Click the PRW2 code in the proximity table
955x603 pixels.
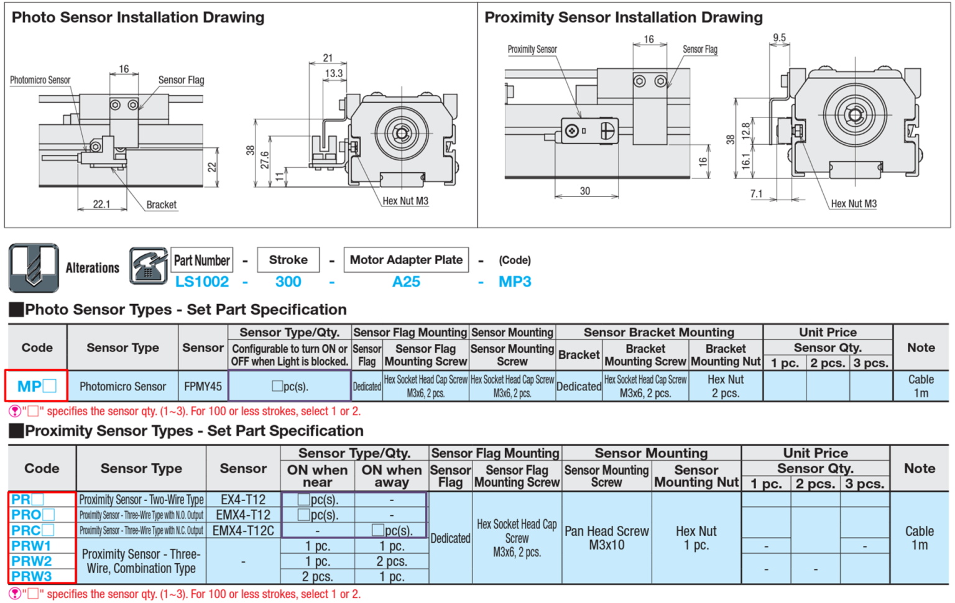(31, 561)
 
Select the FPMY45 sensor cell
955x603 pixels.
(203, 386)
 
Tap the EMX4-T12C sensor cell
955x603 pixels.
(243, 530)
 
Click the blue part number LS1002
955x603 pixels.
(201, 282)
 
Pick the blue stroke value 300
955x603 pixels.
(288, 282)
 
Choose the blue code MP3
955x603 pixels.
(515, 282)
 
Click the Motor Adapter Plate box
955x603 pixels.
(406, 260)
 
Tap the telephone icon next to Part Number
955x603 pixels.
(148, 266)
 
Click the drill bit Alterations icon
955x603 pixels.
(34, 267)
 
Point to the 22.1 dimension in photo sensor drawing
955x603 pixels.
(101, 204)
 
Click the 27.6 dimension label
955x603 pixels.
(265, 160)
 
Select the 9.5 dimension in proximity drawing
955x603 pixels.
(779, 38)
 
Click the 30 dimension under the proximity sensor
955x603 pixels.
(585, 191)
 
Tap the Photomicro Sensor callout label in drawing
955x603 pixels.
(40, 80)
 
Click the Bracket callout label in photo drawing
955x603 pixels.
(161, 205)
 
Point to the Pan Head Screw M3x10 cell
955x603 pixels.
(606, 538)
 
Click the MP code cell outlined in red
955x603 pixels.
(36, 385)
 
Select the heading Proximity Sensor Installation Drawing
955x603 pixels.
(623, 17)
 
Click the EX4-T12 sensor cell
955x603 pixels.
(243, 499)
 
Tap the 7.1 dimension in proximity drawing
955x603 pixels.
(756, 194)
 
